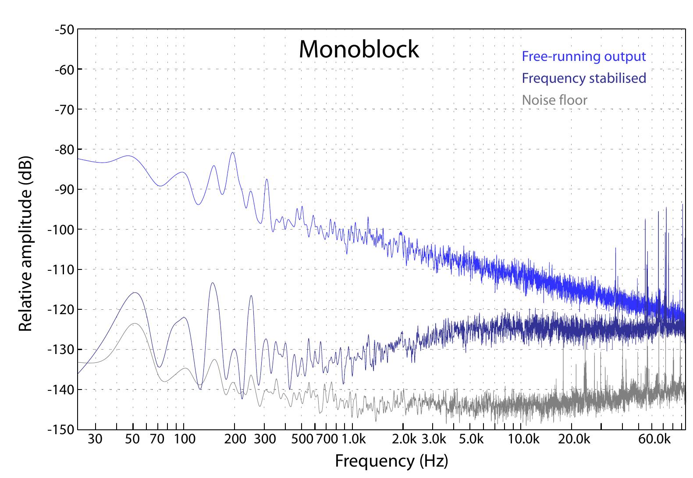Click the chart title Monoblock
(359, 49)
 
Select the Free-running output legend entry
(583, 57)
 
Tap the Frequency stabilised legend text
(583, 78)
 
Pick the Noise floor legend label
(554, 100)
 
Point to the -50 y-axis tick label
(64, 29)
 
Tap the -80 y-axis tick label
(64, 149)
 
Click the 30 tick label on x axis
(95, 439)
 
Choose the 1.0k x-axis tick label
(353, 439)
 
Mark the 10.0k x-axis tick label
(524, 439)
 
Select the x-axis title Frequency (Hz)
(391, 461)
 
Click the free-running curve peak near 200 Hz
(233, 153)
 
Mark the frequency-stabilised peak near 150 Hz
(213, 283)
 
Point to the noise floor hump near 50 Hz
(135, 324)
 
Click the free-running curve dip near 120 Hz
(198, 204)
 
